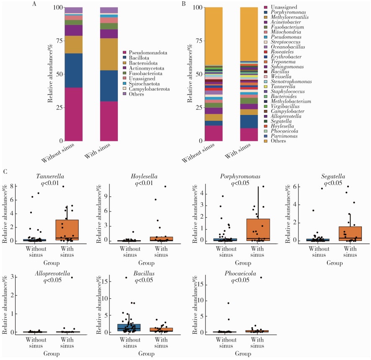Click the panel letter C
point(5,172)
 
